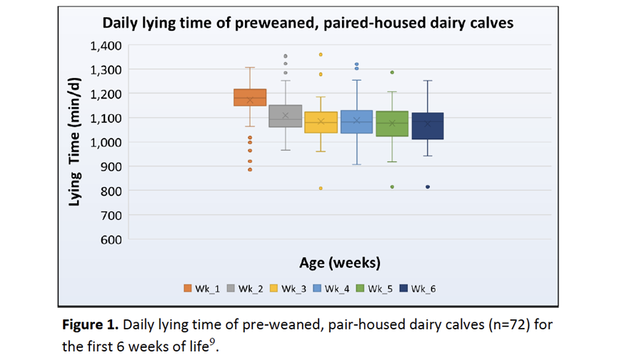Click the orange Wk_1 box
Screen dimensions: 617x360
(x=250, y=97)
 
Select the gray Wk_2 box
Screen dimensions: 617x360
(x=285, y=116)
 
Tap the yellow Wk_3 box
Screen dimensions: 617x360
(x=321, y=122)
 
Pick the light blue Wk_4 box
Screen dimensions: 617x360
(x=356, y=121)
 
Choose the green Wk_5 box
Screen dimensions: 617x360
(x=392, y=124)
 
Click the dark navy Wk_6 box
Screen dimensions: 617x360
(x=428, y=126)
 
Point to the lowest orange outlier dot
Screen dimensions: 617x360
(x=250, y=169)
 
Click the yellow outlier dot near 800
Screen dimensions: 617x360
(x=321, y=189)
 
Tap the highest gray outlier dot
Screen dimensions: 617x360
(x=285, y=56)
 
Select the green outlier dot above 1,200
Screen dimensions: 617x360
(x=392, y=72)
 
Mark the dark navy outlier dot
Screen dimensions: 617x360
(x=428, y=187)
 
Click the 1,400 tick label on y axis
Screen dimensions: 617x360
(x=106, y=46)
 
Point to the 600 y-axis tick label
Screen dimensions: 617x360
(x=111, y=239)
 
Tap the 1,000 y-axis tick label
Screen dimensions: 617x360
(x=106, y=142)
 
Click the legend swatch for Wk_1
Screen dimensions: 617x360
(x=187, y=289)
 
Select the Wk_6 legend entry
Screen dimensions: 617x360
(x=418, y=289)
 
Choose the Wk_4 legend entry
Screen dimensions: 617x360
(x=331, y=289)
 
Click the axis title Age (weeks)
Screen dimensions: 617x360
(x=340, y=262)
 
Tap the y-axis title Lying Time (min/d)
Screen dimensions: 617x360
(x=75, y=142)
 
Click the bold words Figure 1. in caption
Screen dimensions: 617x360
(x=90, y=324)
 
